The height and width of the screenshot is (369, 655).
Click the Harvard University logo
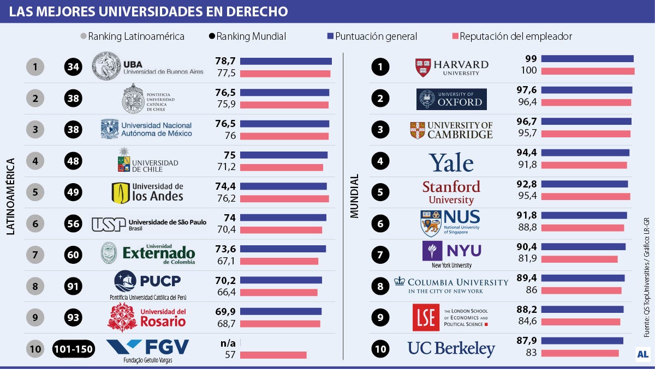click(x=451, y=67)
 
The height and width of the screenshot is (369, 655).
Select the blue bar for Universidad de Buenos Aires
click(x=285, y=61)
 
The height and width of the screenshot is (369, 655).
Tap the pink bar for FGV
click(x=273, y=355)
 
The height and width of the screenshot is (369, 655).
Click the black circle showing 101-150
click(x=74, y=349)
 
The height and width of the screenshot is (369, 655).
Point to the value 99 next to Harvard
click(x=531, y=59)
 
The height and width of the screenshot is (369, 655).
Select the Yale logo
click(x=451, y=162)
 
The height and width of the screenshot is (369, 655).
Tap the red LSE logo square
click(x=425, y=317)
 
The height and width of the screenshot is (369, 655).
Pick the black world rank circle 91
click(x=74, y=286)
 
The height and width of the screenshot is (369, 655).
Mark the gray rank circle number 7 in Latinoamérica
click(x=35, y=255)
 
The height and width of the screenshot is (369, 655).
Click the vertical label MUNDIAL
click(x=355, y=197)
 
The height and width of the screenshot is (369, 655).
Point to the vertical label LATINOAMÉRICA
click(x=10, y=197)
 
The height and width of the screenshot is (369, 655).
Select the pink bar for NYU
click(x=579, y=259)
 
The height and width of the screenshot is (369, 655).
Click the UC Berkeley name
click(x=451, y=349)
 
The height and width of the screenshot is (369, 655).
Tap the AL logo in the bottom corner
click(x=642, y=354)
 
